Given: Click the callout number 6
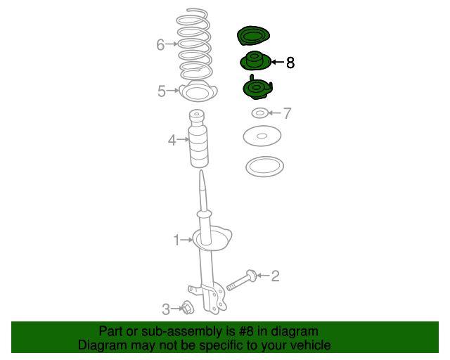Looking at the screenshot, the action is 160,45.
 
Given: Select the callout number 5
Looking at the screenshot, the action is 162,91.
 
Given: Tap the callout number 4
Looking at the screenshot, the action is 172,140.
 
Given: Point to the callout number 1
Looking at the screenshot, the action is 176,240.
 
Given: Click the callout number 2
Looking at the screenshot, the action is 275,276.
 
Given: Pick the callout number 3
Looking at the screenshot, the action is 166,309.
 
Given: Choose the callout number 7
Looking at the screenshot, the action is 288,113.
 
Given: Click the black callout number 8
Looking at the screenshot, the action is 290,63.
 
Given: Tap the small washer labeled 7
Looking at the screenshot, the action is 259,113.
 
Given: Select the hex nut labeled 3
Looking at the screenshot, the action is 188,307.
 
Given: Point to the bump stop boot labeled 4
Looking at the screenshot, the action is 198,139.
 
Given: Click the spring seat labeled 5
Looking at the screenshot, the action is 198,91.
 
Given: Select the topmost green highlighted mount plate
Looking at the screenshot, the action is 253,36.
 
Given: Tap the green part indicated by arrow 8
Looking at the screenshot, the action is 255,61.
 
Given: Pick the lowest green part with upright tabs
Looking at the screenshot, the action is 257,88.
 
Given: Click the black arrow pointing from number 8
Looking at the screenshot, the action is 278,62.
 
